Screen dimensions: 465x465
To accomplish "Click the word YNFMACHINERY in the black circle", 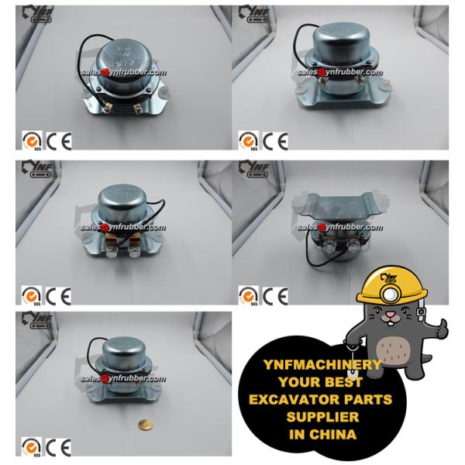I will click(313, 365).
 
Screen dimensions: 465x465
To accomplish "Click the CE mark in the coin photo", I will click(58, 447).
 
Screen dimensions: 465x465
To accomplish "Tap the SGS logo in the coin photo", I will click(30, 447).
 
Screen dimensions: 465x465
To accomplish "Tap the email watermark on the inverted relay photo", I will click(340, 227).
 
